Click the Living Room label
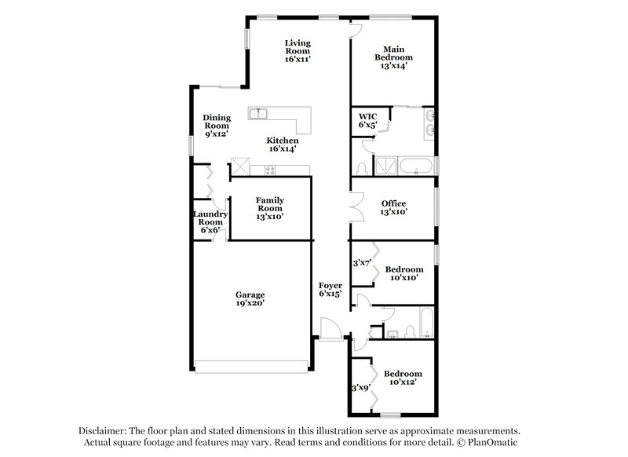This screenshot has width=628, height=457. [x=298, y=50]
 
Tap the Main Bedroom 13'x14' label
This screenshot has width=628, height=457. [x=393, y=57]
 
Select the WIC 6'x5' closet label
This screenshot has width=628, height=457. [x=368, y=120]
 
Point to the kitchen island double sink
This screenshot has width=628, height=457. [x=259, y=115]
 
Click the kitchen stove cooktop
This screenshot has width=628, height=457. [x=270, y=170]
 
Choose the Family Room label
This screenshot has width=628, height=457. [x=269, y=207]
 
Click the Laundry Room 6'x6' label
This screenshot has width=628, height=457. [x=210, y=221]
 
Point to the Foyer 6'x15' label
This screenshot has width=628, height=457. [x=330, y=288]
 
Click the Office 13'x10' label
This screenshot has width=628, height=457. [x=393, y=207]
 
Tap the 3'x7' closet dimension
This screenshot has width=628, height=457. [x=361, y=263]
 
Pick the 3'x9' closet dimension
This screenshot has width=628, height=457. [x=360, y=387]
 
